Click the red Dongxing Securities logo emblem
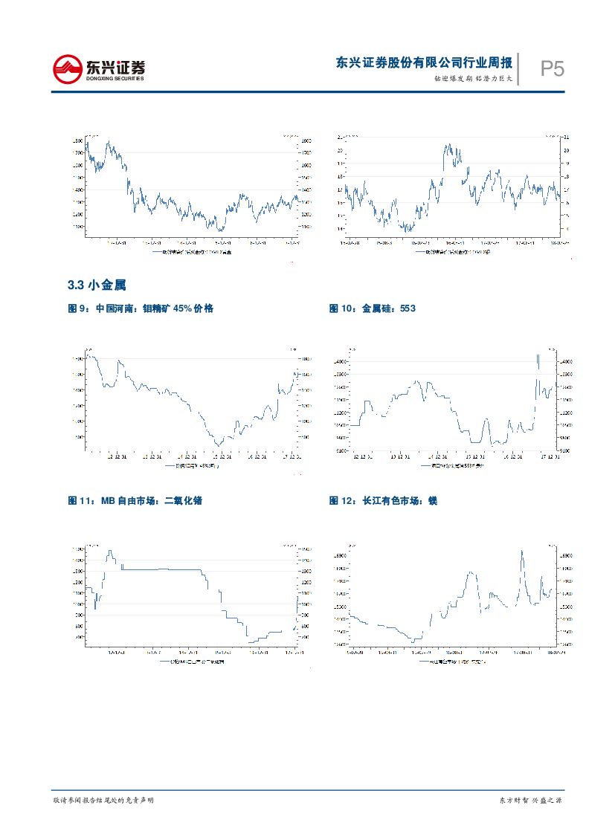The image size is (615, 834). pos(68,71)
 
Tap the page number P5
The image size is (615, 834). pos(551,70)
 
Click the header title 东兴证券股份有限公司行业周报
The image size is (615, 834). pos(423,63)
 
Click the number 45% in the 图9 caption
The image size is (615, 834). pos(183,308)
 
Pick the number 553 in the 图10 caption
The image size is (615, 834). pos(407,308)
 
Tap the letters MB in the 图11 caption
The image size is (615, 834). pos(109,501)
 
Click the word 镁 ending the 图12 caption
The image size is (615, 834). pos(433,501)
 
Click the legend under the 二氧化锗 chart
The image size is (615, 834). pos(193,661)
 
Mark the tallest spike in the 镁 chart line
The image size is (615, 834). pos(522,552)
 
